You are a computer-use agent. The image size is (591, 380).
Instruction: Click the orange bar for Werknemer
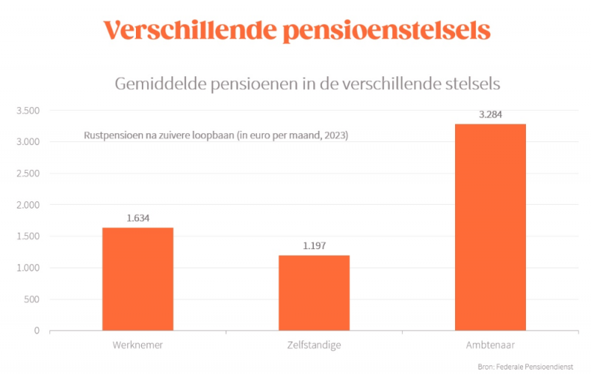point(137,279)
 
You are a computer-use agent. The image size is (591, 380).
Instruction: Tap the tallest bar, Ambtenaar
point(490,227)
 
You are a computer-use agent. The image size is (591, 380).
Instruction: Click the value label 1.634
point(138,218)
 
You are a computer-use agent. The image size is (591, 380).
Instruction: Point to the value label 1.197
point(314,245)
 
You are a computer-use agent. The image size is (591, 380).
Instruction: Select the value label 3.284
point(491,115)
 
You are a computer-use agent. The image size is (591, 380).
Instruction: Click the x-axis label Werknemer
point(137,345)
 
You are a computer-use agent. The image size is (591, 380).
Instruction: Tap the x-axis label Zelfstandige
point(314,345)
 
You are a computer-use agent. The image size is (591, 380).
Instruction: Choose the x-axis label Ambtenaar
point(491,345)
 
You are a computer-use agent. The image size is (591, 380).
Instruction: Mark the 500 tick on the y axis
point(32,299)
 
